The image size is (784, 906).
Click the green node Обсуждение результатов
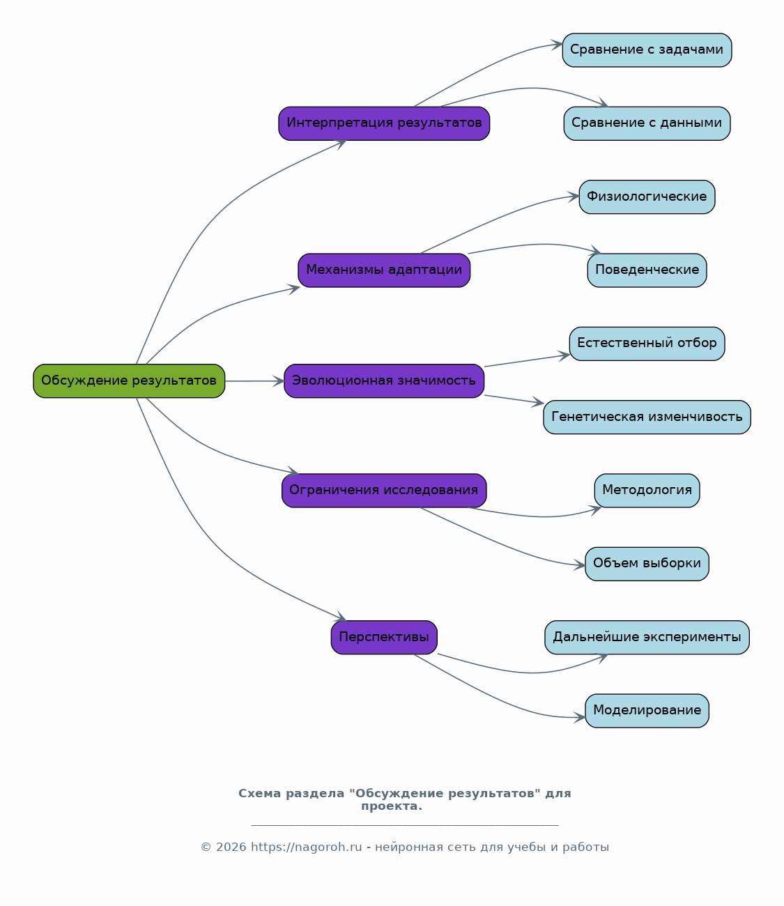coord(129,381)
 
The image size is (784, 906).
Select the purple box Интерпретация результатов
coord(384,123)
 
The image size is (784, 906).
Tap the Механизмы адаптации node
coord(384,270)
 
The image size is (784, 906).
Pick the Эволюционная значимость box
coord(384,381)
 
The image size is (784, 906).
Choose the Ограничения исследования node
coord(384,491)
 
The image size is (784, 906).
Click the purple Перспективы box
coord(384,637)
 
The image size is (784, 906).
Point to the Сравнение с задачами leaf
coord(647,50)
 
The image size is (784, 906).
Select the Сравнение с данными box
coord(647,123)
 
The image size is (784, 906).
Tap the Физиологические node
coord(647,197)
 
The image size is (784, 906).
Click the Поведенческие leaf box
coord(647,270)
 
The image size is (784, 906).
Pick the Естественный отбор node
coord(647,344)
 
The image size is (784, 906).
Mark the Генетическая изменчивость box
coord(647,417)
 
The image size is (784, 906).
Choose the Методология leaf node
coord(647,491)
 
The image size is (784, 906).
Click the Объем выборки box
coord(647,564)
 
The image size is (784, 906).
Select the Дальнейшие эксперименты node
coord(647,637)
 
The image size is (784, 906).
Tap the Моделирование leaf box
coord(647,711)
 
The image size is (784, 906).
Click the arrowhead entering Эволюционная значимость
coord(279,381)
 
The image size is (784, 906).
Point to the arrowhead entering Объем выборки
coord(580,565)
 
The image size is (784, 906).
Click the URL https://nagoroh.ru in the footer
coord(307,847)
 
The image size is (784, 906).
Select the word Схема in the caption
coord(259,793)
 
